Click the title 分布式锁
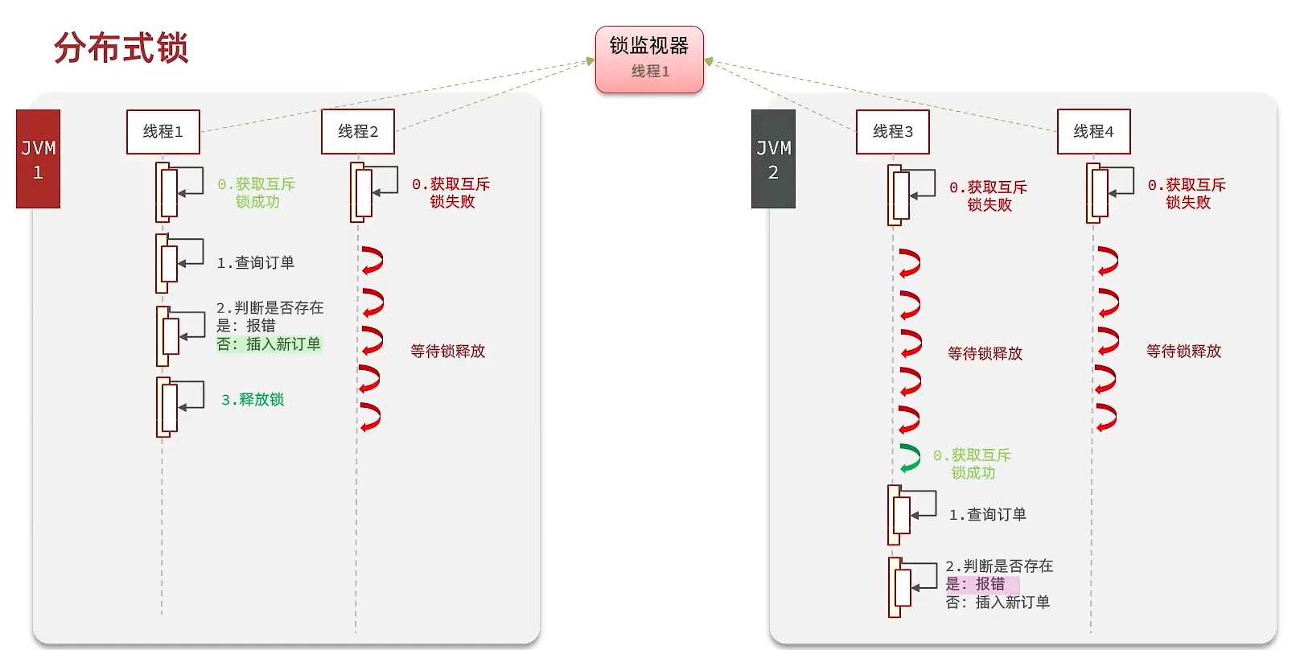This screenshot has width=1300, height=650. point(121,47)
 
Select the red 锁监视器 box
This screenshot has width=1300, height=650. point(649,59)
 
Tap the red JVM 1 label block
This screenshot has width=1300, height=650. point(38,159)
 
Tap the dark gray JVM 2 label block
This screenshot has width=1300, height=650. point(773,159)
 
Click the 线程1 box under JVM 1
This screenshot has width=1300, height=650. point(163,131)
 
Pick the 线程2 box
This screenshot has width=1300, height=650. point(357,131)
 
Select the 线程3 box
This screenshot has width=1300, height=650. point(892,131)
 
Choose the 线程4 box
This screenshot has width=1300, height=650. point(1093,131)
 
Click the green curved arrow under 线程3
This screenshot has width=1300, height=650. point(910,459)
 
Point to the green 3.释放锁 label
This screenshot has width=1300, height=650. point(253,400)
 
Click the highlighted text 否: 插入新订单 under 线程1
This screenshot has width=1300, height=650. point(269,344)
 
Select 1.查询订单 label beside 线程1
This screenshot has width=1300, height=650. point(256,263)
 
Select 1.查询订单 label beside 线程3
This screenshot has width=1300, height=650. point(988,515)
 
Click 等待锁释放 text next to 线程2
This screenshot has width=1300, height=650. point(448,352)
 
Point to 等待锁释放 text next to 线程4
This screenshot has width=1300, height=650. point(1183,352)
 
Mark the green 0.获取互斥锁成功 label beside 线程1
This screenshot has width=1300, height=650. point(257,193)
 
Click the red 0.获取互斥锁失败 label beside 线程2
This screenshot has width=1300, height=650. point(451,193)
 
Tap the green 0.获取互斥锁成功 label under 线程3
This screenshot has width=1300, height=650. point(972,464)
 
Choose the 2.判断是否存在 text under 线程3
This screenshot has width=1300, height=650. point(999,566)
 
